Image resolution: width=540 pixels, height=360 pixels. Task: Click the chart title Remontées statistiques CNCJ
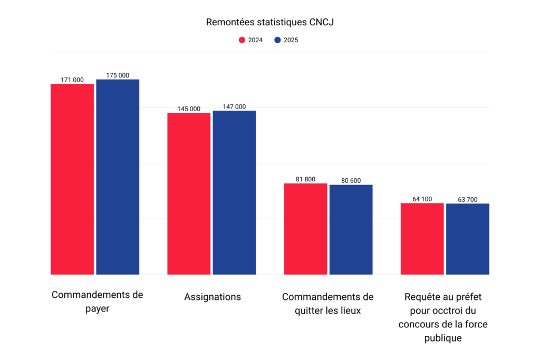tap(269, 22)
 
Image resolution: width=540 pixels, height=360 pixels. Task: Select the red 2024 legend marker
tap(242, 40)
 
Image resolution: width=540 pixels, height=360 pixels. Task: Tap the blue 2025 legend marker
tap(277, 40)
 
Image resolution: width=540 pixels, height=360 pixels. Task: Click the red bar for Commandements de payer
tap(72, 179)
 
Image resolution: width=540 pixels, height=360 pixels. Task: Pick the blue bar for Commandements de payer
tap(118, 177)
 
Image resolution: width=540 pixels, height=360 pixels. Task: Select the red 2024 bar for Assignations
tap(189, 193)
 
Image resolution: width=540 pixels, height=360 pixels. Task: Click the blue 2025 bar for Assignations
tap(234, 192)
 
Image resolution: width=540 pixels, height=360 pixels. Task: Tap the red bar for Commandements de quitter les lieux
tap(305, 229)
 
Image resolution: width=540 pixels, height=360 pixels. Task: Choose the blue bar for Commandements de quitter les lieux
tap(351, 229)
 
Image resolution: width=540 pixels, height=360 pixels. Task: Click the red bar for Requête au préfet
tap(422, 239)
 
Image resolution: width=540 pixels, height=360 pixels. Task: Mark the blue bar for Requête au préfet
tap(467, 239)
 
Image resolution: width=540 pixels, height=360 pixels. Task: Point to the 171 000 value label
tap(72, 80)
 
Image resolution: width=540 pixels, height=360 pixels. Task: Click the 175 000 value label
tap(118, 75)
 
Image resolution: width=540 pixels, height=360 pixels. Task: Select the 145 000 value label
tap(189, 109)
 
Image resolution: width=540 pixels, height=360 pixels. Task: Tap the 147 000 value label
tap(234, 106)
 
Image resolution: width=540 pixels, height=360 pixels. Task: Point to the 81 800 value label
tap(305, 179)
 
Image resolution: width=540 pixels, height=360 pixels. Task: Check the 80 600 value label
tap(351, 181)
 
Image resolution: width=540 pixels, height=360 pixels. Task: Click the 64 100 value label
tap(422, 199)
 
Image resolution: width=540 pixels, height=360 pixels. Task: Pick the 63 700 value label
tap(467, 199)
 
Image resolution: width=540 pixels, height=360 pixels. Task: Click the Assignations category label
tap(213, 297)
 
